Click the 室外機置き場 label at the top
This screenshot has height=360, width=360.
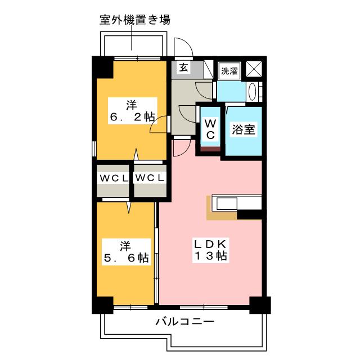pos(135,20)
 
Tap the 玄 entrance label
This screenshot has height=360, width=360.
pos(183,67)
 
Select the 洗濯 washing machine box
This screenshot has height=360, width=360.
pos(229,71)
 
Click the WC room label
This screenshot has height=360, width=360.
pos(210,129)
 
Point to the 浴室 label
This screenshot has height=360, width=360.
pos(244,130)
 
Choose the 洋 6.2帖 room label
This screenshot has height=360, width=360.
pos(133,111)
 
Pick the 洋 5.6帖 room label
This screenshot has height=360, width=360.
pos(126,252)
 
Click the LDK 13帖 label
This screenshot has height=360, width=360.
pos(211,250)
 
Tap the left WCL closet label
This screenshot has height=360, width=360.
pos(113,178)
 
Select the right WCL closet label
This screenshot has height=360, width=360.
pos(150,178)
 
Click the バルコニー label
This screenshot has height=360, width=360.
pos(185,321)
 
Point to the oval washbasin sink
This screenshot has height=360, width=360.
pos(253,92)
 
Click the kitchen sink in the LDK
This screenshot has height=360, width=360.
pos(227,204)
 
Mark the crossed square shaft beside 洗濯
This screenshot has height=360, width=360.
pos(254,69)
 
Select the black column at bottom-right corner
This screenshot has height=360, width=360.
pos(260,305)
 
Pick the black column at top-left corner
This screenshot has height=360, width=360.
pos(102,67)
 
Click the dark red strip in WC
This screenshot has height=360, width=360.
pos(210,149)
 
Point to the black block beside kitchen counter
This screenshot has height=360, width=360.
pos(250,214)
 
